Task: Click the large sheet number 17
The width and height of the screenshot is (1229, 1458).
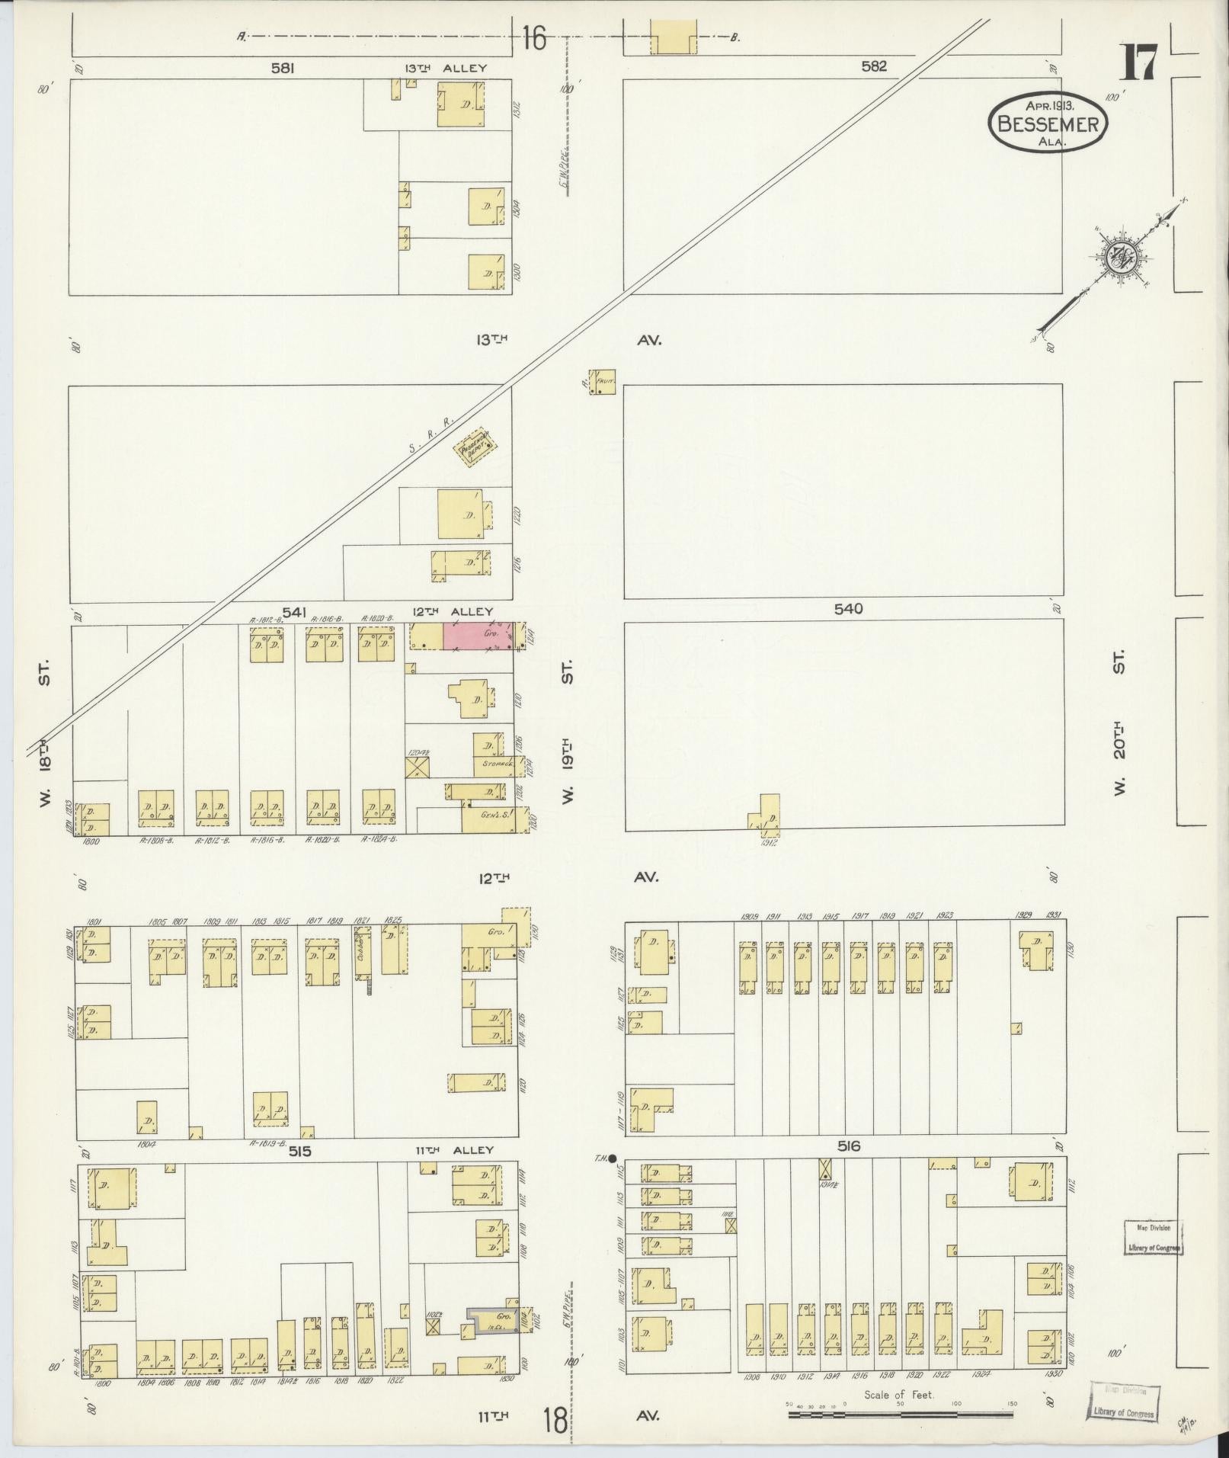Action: click(1139, 62)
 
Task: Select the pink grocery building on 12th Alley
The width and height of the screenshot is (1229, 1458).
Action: click(478, 636)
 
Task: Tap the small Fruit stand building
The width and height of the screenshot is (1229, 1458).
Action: click(603, 381)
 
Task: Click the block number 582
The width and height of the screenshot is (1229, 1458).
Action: click(874, 66)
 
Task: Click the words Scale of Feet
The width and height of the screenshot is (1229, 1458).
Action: click(898, 1395)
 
